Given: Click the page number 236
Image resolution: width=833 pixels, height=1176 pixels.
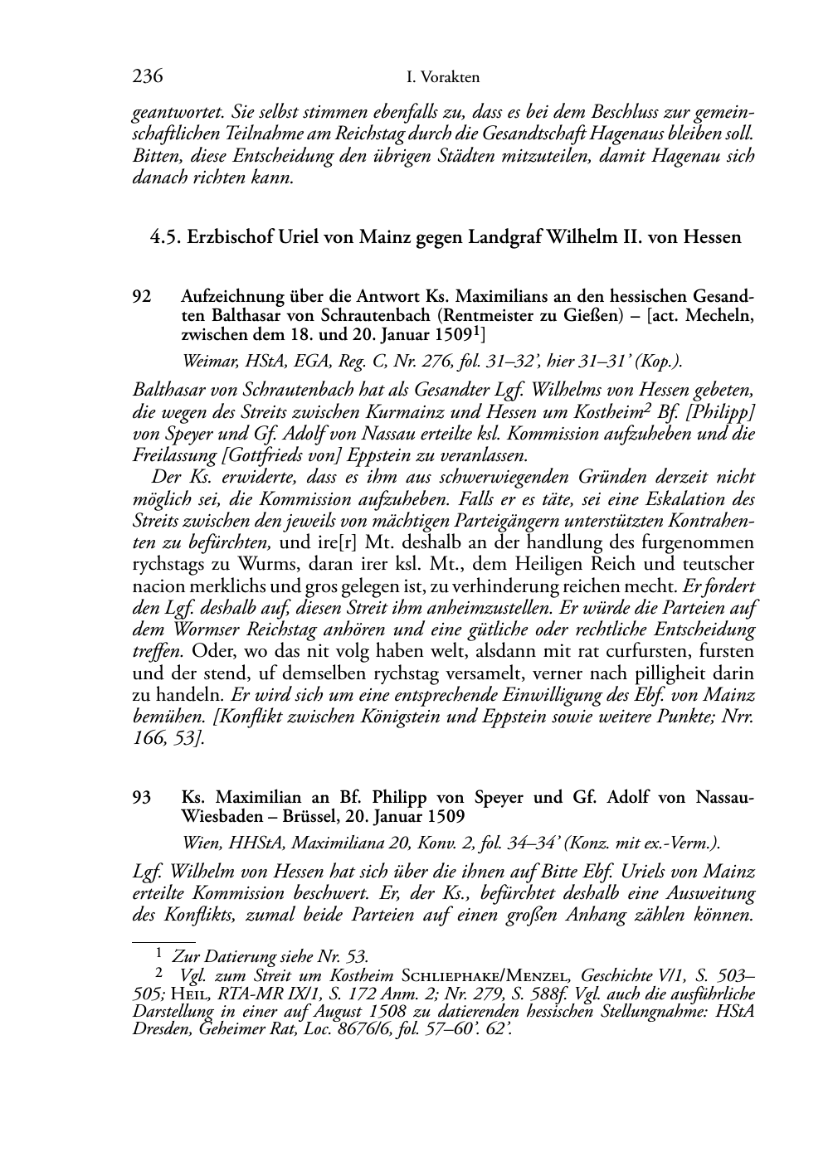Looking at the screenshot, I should pos(147,77).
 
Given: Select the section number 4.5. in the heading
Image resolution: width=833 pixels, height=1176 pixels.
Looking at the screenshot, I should pos(166,237).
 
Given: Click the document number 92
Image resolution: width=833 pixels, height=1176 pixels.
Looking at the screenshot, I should pos(142,296).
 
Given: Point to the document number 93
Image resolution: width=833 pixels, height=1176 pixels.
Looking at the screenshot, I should pos(142,798).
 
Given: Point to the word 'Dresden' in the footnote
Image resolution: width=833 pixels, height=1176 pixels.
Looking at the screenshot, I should pos(161,1028).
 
